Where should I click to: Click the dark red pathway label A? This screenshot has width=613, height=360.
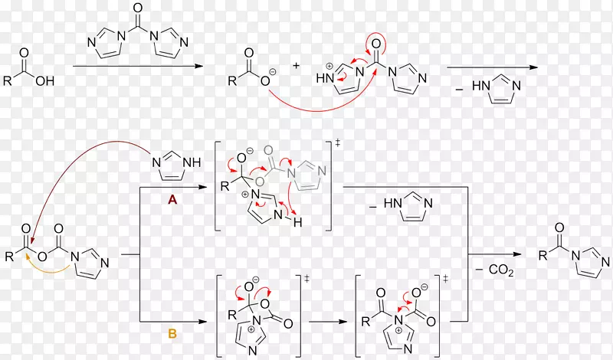pos(172,200)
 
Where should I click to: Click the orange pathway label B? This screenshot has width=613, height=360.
pos(172,334)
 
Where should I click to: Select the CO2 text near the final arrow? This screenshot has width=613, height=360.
pos(501,270)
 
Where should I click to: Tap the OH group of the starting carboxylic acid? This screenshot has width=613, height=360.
pos(45,81)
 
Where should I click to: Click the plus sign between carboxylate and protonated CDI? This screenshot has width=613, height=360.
pos(296,65)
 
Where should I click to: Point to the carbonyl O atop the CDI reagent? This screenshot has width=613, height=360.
pos(138,8)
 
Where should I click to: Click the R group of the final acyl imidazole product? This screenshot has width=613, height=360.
pos(543,256)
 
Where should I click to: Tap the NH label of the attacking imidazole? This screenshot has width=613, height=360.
pos(192,162)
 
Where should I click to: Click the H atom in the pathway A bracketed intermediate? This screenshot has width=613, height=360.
pos(297,222)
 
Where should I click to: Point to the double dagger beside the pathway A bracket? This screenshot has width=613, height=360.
pos(338,143)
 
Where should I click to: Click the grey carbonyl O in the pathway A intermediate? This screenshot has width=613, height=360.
pos(268,150)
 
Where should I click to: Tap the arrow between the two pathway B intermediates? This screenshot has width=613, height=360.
pos(328,322)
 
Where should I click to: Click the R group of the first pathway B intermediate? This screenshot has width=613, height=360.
pos(232,315)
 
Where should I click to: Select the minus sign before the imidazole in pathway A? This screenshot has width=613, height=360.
pos(373,206)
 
